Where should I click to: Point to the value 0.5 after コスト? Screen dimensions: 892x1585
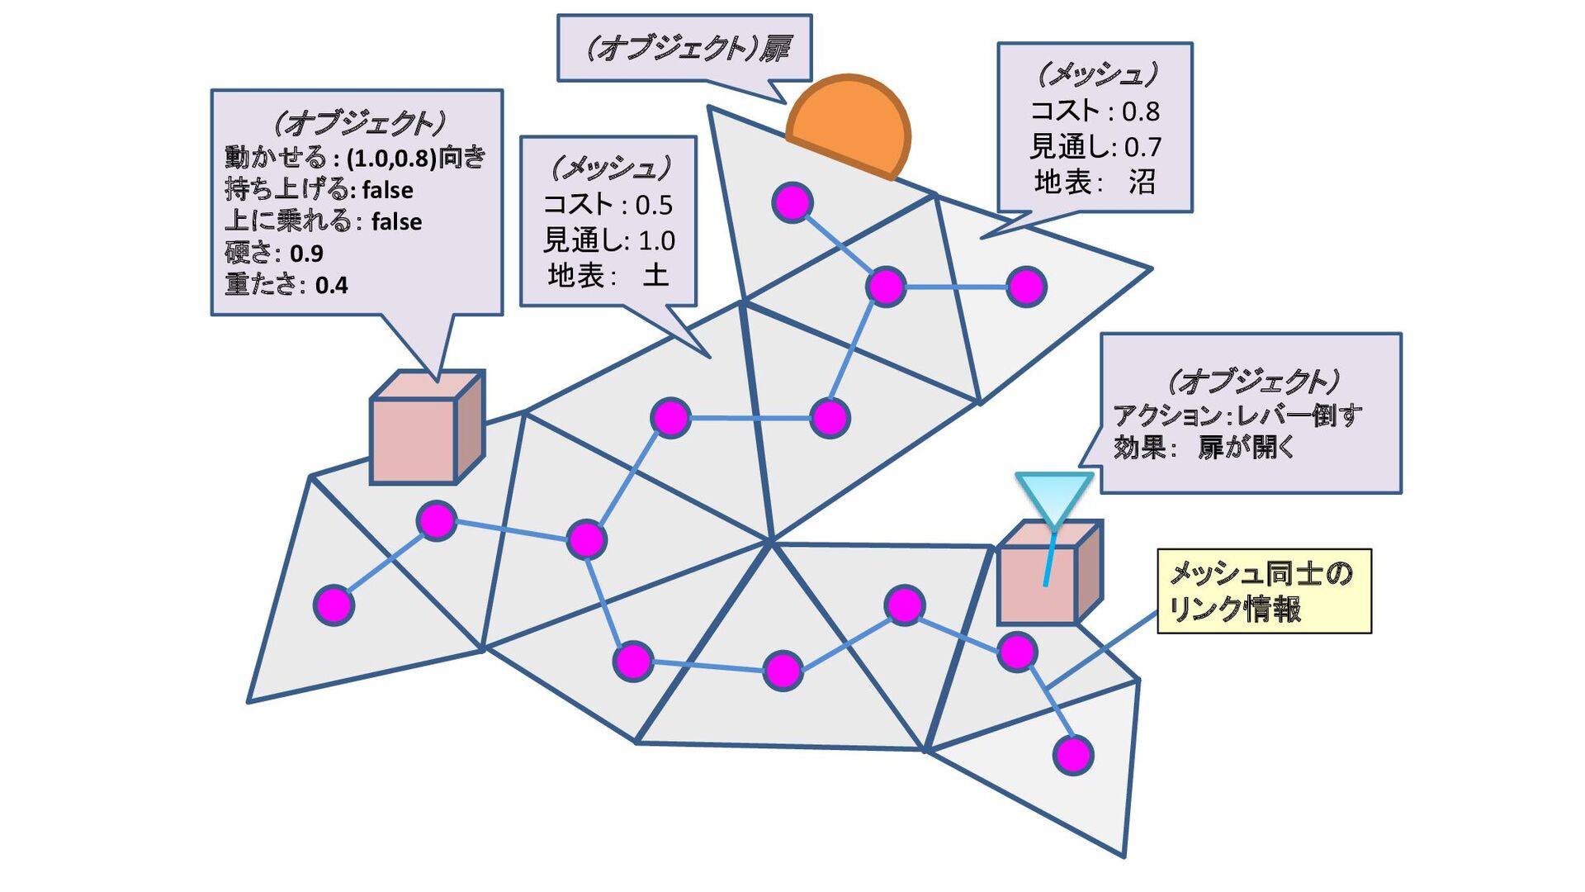(x=654, y=205)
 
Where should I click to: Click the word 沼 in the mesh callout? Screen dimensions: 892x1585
(x=1143, y=182)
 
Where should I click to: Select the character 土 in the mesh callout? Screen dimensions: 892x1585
(x=655, y=274)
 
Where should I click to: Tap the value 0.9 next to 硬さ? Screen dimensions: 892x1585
(x=306, y=254)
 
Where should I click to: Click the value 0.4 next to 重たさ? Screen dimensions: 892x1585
(x=331, y=286)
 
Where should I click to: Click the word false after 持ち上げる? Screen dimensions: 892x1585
(x=387, y=190)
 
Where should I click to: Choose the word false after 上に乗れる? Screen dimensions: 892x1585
(x=396, y=222)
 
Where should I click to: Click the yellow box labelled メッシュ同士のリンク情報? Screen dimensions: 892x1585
(x=1263, y=591)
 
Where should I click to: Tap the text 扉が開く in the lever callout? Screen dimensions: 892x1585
(x=1247, y=448)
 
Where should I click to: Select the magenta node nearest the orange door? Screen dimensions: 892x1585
(x=792, y=203)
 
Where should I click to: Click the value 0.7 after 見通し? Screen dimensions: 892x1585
(x=1143, y=147)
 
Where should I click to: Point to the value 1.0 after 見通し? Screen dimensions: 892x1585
(x=657, y=240)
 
